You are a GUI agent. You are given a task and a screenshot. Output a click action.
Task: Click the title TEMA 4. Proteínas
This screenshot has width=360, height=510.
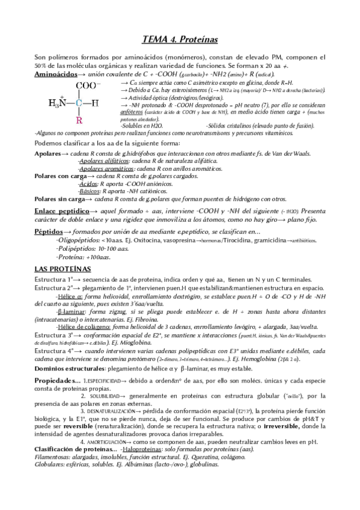click(179, 40)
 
